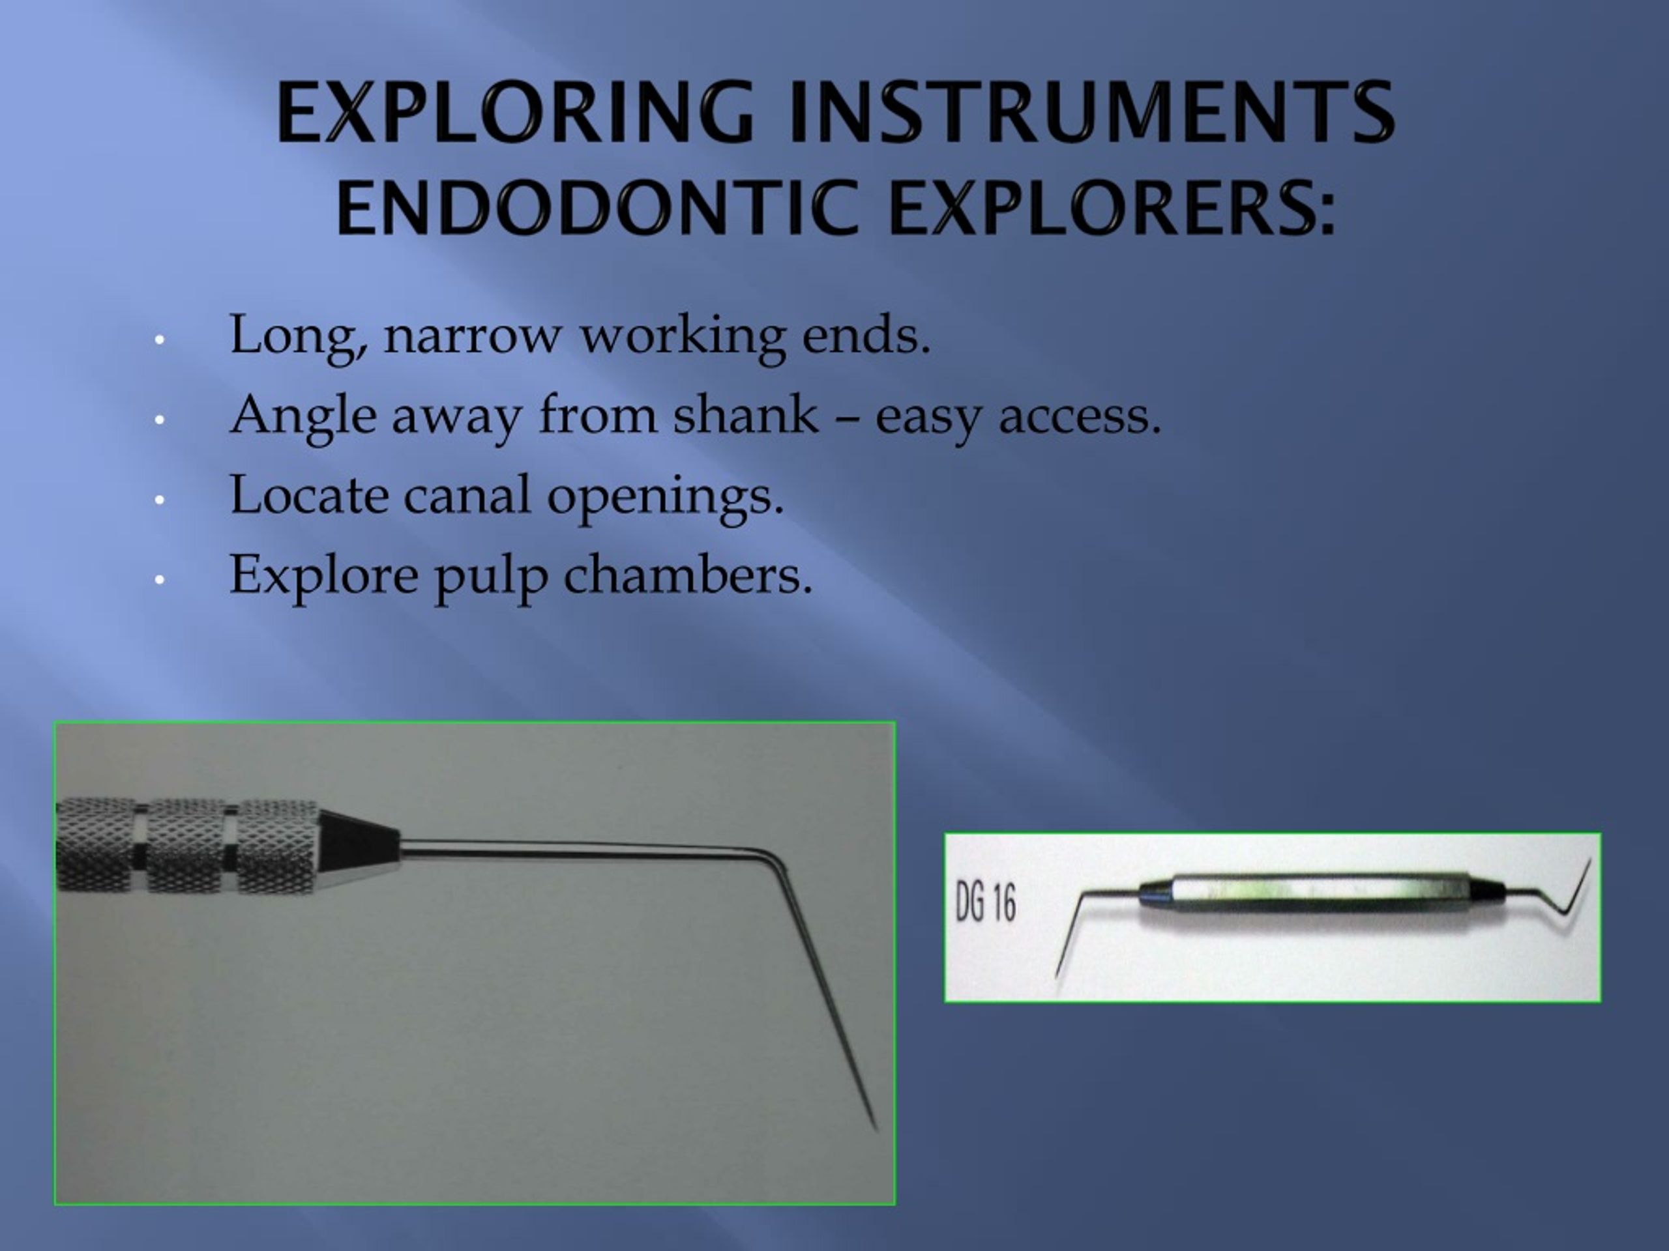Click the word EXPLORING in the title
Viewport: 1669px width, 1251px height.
tap(514, 113)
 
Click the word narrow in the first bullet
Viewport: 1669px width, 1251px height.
tap(472, 336)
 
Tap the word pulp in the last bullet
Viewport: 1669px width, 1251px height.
tap(490, 577)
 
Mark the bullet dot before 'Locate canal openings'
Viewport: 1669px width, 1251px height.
tap(159, 499)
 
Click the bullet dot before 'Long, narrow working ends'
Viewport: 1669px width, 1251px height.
tap(159, 339)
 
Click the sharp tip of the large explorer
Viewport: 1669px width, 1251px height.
tap(874, 1127)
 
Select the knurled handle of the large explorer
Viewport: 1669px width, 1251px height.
tap(188, 844)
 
